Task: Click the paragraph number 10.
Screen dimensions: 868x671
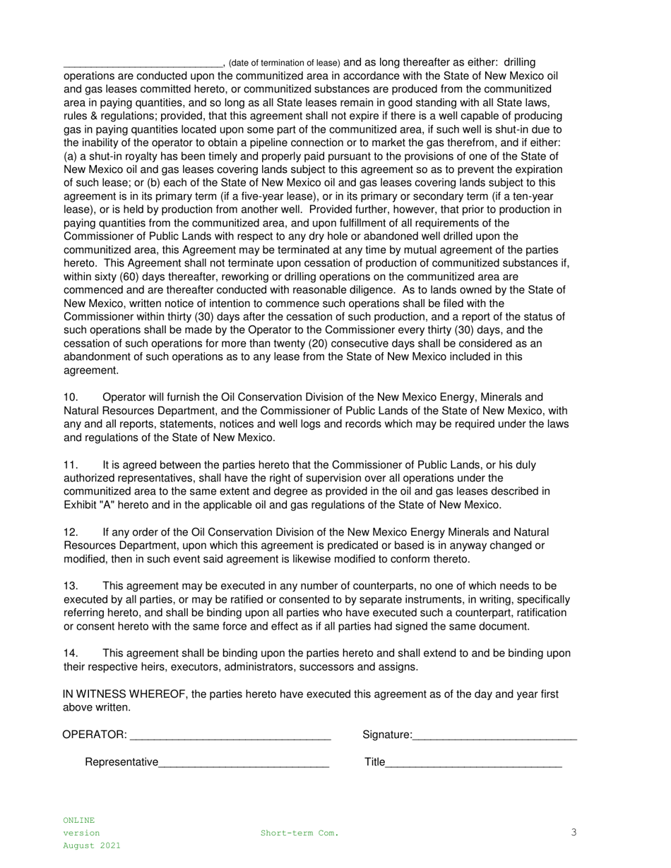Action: click(71, 398)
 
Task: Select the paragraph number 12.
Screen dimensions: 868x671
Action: click(71, 533)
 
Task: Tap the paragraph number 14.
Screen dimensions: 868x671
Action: click(71, 653)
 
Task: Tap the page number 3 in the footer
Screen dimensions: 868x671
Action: click(574, 833)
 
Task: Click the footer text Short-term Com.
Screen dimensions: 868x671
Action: click(299, 833)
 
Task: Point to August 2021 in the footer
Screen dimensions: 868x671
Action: click(92, 845)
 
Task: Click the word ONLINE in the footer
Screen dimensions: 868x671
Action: click(78, 821)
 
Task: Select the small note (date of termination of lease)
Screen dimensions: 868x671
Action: click(285, 64)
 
